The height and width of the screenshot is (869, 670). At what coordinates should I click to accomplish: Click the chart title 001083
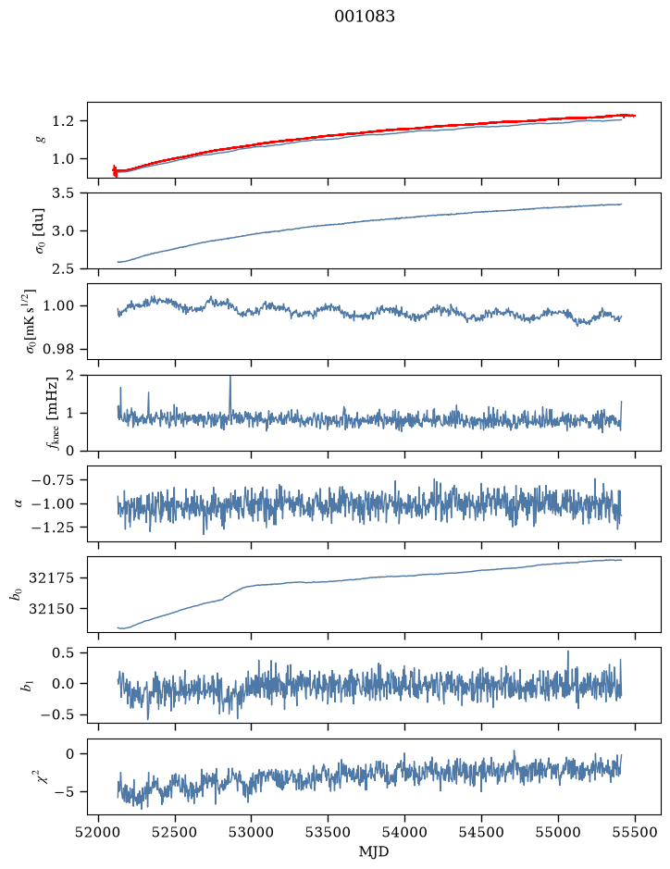click(365, 17)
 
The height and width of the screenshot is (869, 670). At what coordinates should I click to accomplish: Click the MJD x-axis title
click(374, 851)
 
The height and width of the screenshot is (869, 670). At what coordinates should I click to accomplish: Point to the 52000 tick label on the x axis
click(99, 832)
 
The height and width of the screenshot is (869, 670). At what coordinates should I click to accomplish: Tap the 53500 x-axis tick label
click(329, 832)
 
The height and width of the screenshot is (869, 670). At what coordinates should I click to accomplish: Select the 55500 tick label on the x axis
click(635, 832)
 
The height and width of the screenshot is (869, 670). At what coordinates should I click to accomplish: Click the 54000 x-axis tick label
click(404, 832)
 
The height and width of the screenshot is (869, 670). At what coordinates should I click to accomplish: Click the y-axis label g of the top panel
click(40, 140)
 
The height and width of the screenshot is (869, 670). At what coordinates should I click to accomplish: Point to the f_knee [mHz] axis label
click(52, 413)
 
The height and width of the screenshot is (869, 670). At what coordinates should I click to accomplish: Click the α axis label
click(19, 503)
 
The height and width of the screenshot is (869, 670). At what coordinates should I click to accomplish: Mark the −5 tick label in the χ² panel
click(66, 791)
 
